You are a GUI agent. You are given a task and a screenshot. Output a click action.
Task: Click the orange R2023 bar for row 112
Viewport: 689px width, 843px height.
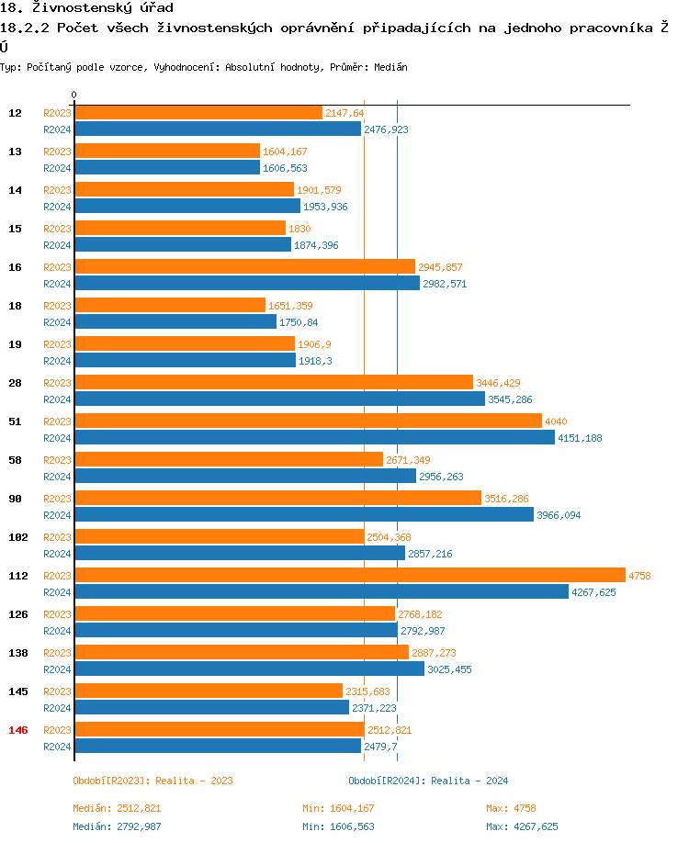(x=349, y=575)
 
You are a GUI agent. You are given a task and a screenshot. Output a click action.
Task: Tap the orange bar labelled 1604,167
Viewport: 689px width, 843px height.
(x=166, y=151)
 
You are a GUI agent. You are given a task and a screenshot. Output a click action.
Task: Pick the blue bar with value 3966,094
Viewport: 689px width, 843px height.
(x=303, y=514)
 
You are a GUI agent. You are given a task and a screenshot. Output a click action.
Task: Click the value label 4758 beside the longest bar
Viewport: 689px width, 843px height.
(x=639, y=576)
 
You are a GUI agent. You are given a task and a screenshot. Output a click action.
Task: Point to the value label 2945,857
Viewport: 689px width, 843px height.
(x=440, y=267)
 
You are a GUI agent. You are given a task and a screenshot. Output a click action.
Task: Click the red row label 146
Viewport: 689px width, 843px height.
(x=18, y=730)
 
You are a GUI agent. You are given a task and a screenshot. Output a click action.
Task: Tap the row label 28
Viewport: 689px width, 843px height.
(x=16, y=383)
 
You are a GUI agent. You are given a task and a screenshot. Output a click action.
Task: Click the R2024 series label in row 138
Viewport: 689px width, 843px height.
(x=57, y=669)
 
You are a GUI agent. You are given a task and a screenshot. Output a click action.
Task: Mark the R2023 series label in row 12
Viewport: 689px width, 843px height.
(x=57, y=113)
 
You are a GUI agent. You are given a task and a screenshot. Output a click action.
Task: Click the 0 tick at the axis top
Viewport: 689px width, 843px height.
(x=74, y=95)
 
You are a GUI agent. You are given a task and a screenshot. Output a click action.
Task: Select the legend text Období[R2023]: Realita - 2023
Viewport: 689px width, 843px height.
(x=152, y=781)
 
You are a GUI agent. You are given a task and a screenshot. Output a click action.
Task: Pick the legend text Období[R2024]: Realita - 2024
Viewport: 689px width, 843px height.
(x=428, y=781)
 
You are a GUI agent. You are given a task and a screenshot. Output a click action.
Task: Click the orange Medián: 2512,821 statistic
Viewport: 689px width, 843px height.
(x=117, y=808)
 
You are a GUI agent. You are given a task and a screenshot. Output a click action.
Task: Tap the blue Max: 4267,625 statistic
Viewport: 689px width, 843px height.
(x=522, y=826)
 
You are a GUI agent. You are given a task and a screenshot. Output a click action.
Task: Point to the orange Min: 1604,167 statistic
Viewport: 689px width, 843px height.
(x=338, y=808)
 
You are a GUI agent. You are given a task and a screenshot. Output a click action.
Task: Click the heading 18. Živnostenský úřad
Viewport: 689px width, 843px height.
(x=86, y=8)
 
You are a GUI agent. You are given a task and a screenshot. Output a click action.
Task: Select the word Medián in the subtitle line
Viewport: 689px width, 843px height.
(x=390, y=67)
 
